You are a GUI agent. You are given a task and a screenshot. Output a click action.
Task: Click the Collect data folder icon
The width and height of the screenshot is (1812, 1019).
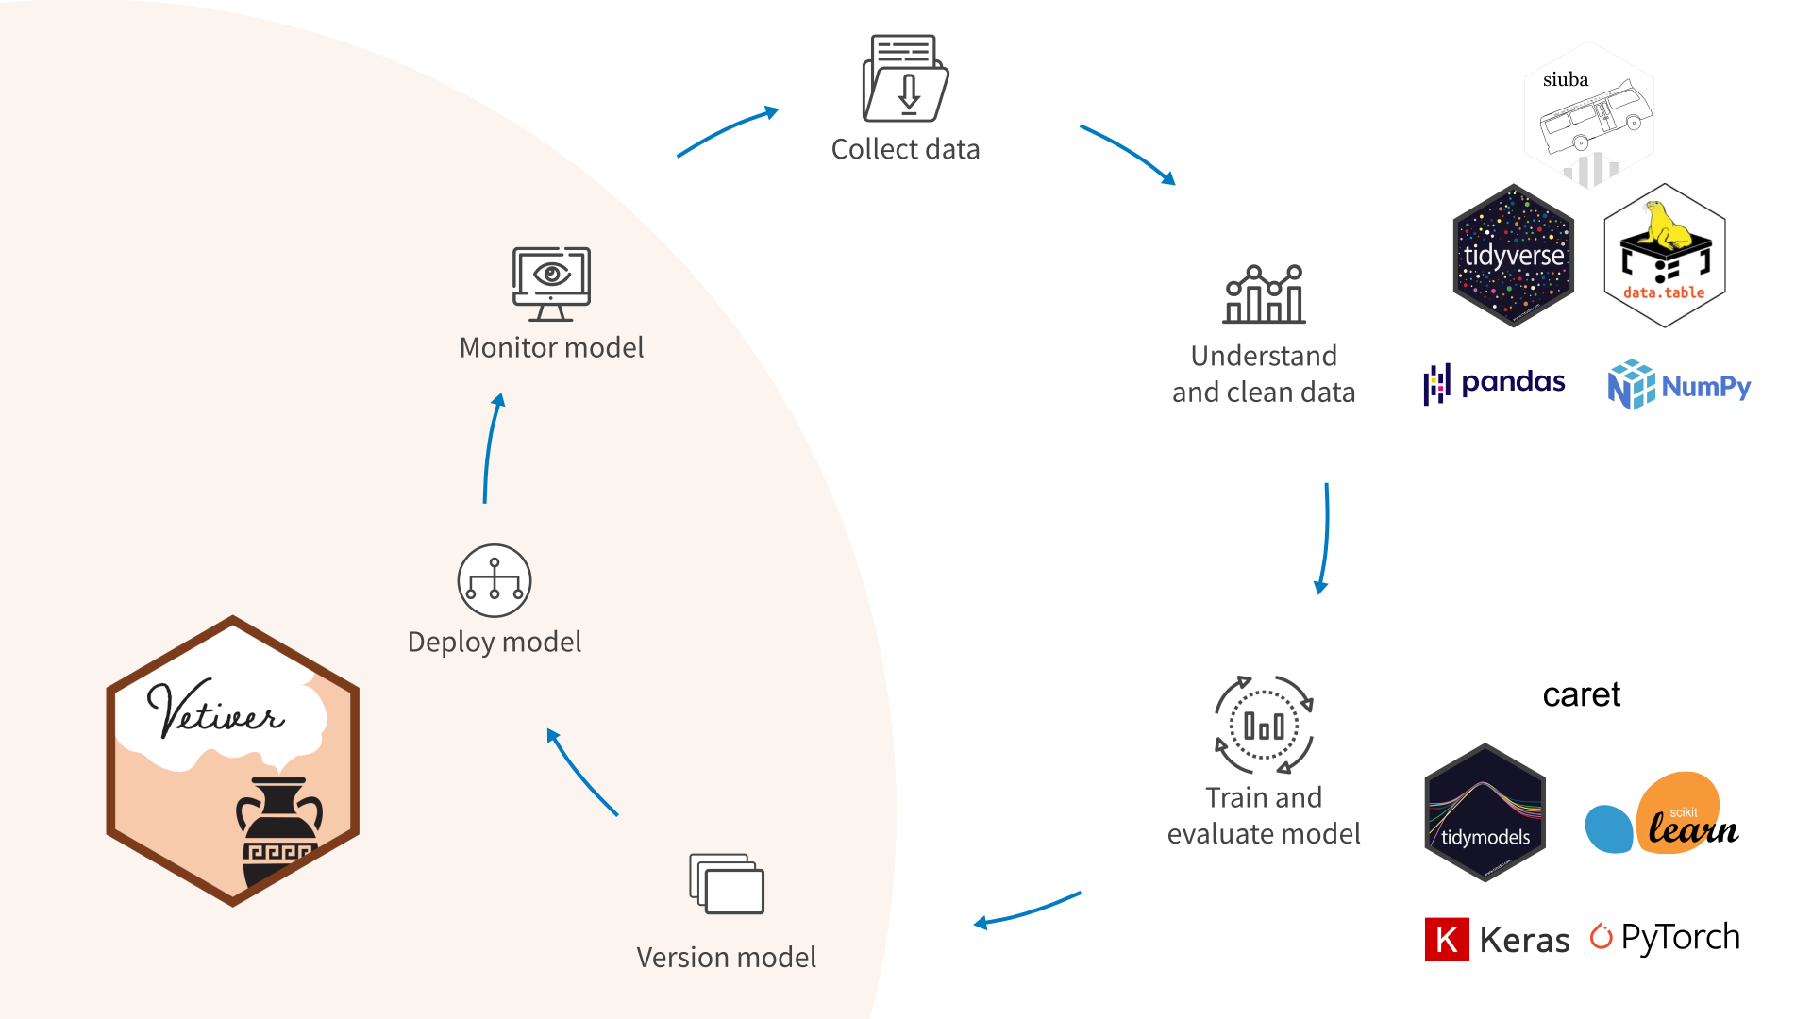905,79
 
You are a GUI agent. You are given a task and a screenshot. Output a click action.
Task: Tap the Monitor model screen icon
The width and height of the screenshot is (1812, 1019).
551,283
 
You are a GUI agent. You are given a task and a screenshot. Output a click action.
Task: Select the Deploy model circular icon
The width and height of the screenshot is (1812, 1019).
495,580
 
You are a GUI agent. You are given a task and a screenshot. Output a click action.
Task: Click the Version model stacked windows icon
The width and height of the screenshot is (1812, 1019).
727,884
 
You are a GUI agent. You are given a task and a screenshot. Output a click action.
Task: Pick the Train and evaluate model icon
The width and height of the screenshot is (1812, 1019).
1264,725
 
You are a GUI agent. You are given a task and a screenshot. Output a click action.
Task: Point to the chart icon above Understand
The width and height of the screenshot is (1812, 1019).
1264,294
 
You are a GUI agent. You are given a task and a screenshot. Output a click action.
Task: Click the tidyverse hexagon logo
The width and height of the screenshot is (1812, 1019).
1513,256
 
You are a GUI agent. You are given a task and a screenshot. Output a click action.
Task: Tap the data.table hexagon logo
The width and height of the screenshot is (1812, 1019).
1665,256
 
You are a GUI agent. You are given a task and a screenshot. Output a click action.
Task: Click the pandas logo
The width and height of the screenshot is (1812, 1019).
1495,383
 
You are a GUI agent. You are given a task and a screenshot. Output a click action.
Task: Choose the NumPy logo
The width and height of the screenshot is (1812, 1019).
1679,385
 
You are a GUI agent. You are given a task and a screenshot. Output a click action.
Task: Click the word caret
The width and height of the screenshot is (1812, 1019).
1581,695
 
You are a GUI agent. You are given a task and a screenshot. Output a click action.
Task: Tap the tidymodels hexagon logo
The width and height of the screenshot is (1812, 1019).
1485,812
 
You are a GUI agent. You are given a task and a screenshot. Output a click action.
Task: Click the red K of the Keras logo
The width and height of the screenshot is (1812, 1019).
1447,939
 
